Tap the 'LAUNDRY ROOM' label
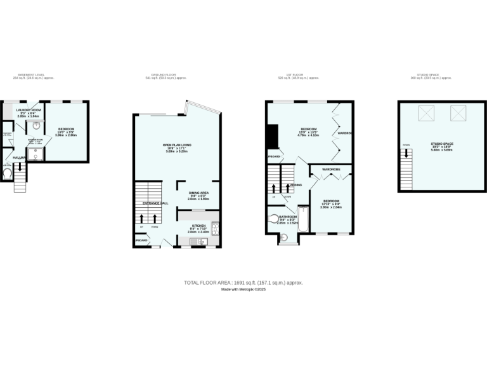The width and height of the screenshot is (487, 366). click(28, 110)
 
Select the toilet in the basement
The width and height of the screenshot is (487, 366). click(8, 172)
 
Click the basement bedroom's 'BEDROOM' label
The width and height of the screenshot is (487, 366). click(65, 129)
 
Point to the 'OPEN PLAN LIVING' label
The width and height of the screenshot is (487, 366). click(177, 145)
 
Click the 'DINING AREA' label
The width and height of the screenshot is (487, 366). click(198, 193)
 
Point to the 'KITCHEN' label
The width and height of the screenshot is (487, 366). click(198, 226)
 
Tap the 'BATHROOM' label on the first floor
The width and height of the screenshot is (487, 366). click(287, 217)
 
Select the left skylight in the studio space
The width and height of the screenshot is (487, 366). click(426, 114)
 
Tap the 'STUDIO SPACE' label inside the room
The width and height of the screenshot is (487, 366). click(442, 144)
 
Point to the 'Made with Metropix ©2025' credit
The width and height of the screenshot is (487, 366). click(243, 289)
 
